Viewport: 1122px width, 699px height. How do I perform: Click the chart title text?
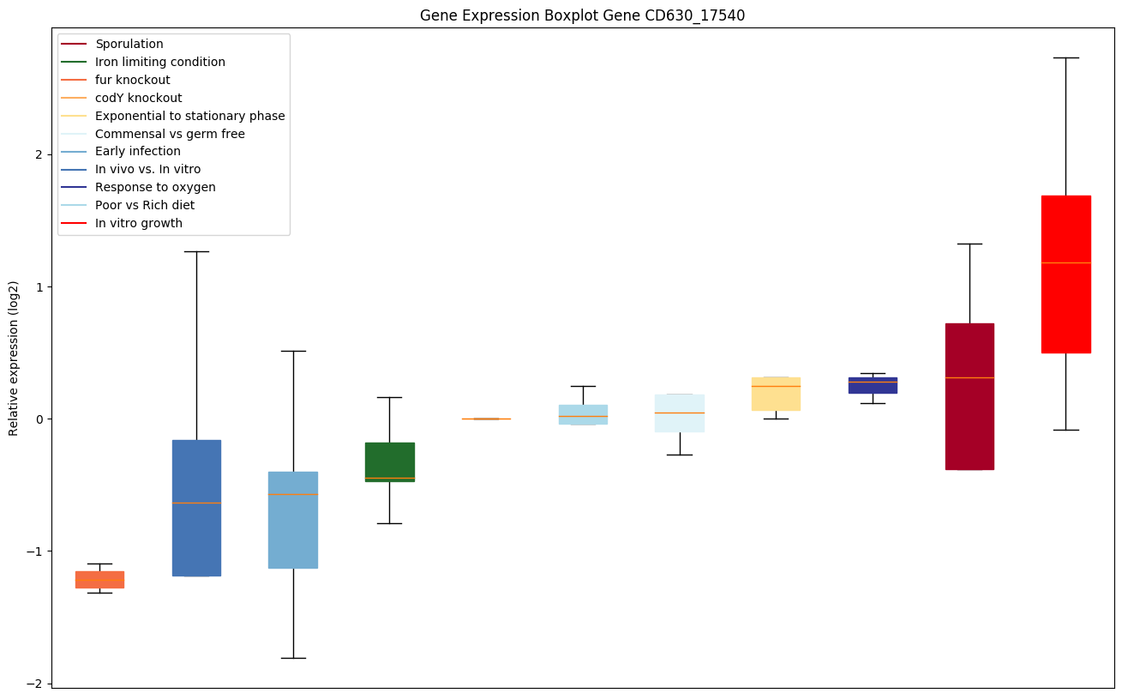pos(582,15)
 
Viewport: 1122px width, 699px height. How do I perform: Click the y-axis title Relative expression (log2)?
pos(14,357)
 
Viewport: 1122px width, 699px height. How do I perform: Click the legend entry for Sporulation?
pos(129,44)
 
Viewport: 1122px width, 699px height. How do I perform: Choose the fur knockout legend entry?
pos(133,80)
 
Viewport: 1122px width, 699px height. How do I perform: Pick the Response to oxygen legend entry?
pos(155,187)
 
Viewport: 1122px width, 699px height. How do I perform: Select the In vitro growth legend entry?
pos(139,223)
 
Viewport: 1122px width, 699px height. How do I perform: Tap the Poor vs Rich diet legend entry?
pos(145,205)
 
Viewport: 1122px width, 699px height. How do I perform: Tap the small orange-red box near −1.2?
pos(99,579)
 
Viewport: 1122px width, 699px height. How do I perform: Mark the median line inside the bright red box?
pos(1065,262)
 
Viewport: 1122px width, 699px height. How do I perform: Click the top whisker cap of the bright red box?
pos(1065,57)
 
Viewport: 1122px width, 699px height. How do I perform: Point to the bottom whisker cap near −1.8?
pos(293,658)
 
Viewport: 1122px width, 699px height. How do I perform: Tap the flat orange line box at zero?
pos(486,419)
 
